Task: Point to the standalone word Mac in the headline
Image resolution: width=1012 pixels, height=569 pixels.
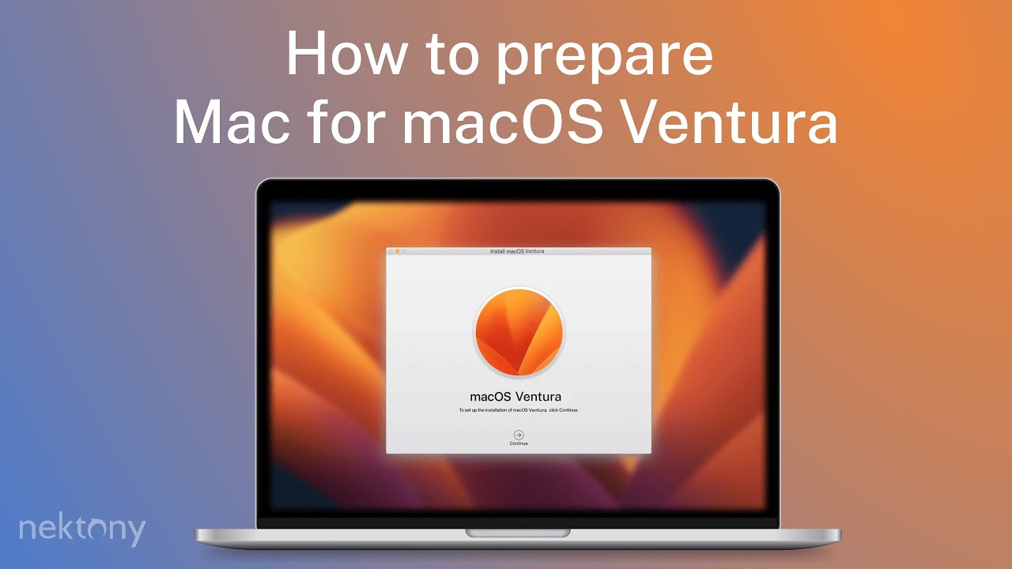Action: coord(230,122)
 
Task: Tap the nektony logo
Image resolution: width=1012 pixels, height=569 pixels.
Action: coord(82,529)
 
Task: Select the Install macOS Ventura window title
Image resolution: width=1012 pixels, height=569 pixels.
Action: coord(517,251)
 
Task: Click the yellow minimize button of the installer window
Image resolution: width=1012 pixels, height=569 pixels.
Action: coord(397,251)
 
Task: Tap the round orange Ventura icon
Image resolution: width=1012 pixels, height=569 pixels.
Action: coord(519,330)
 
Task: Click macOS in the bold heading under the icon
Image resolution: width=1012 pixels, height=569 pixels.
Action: coord(492,396)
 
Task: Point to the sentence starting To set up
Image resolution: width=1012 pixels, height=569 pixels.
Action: coord(518,411)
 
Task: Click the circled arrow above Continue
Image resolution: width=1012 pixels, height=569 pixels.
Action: coord(519,435)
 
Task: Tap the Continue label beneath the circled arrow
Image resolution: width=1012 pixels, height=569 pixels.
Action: coord(519,444)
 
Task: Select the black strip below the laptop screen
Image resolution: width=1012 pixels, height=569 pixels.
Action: coord(518,522)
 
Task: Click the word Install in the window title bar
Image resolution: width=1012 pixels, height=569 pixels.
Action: coord(497,251)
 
